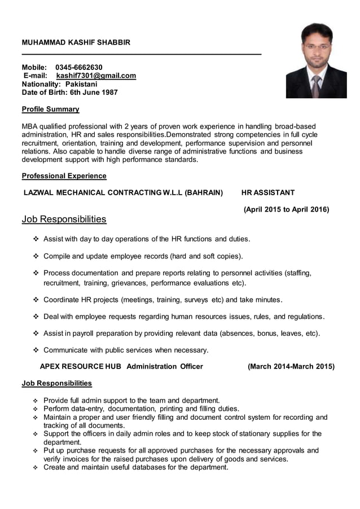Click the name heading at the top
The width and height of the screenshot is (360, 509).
(x=76, y=42)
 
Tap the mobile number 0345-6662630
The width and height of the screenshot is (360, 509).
(x=78, y=67)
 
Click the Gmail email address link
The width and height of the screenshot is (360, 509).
(x=96, y=76)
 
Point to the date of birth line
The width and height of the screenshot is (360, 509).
(x=69, y=93)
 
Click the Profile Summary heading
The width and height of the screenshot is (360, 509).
(x=50, y=109)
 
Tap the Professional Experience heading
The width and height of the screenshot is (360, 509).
(x=64, y=175)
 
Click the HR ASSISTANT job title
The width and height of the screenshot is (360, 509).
(x=267, y=192)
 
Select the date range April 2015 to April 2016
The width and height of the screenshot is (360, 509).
(x=286, y=209)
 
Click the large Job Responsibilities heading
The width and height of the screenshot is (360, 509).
(x=64, y=219)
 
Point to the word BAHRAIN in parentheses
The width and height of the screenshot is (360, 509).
(x=204, y=192)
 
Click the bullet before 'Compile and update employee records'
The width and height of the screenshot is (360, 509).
(x=37, y=256)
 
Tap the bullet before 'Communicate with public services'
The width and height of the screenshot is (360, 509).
(x=37, y=350)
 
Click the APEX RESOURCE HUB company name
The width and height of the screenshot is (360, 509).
(x=80, y=366)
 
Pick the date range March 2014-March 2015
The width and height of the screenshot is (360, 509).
(x=291, y=366)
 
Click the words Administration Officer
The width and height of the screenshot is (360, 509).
(x=164, y=366)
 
